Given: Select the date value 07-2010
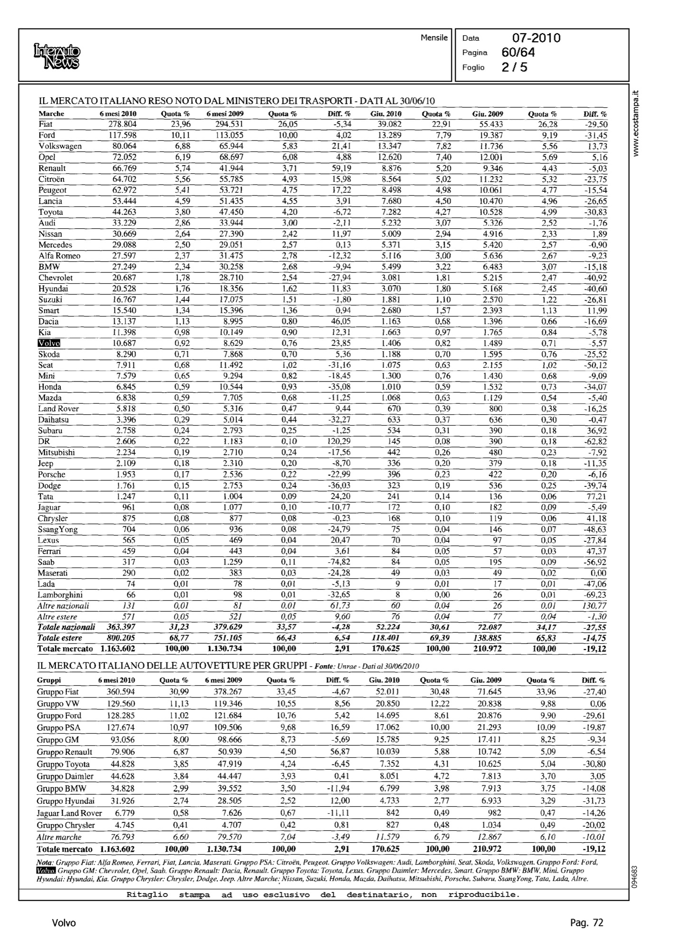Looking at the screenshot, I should point(536,38).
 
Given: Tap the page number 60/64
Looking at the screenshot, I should point(518,52).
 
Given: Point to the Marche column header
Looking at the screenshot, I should point(51,114).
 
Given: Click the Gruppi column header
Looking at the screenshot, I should point(49,680).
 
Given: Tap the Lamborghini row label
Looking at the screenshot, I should point(60,595).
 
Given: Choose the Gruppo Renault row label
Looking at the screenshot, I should point(65,752).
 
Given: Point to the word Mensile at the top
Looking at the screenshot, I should point(434,37).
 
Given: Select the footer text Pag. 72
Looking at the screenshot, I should point(586,923).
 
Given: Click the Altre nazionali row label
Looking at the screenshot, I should point(63,606).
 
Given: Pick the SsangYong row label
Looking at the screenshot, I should point(58,530).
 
